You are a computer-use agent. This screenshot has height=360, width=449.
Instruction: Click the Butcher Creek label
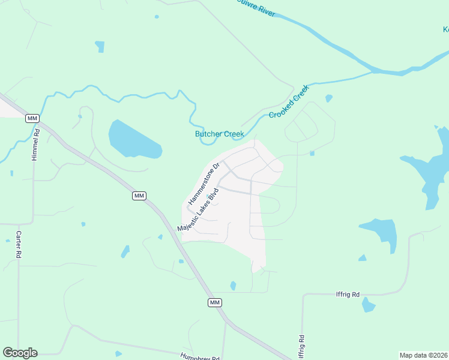[x=218, y=134]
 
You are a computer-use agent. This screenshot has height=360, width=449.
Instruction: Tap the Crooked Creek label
[x=289, y=102]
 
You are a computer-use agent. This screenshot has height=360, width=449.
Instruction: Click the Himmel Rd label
[x=36, y=145]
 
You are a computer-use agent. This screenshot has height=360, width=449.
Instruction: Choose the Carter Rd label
[x=19, y=245]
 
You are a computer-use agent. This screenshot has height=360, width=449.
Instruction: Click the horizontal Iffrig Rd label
[x=348, y=295]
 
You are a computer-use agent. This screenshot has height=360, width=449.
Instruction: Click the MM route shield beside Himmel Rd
[x=32, y=118]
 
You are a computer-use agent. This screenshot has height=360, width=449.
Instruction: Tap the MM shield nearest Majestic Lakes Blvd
[x=139, y=196]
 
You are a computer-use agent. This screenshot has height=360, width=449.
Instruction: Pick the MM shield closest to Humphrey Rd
[x=215, y=302]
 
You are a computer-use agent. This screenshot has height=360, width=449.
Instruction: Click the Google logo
[x=20, y=353]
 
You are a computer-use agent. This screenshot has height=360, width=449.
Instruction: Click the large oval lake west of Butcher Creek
[x=133, y=140]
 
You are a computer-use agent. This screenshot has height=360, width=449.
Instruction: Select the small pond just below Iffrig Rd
[x=368, y=305]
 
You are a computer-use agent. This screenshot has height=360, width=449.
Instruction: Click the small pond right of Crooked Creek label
[x=328, y=98]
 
